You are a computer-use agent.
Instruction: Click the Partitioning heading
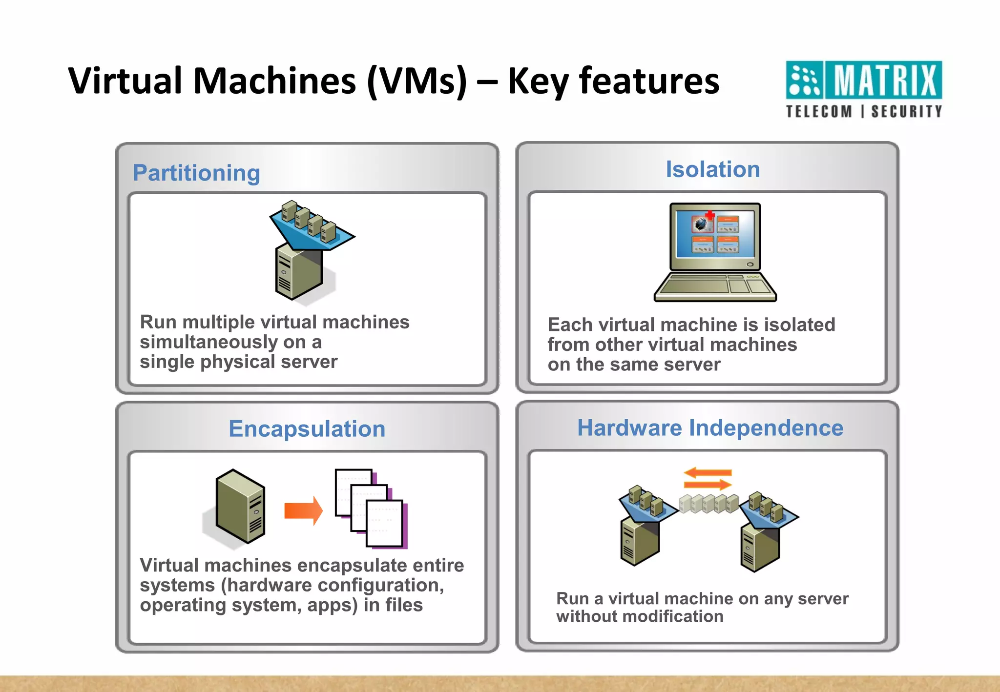[x=196, y=173]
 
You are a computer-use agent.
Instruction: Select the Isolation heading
[x=712, y=169]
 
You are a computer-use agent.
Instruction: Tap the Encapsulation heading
[x=307, y=429]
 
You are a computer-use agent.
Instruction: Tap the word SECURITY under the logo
[x=906, y=112]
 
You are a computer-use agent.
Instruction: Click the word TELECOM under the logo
[x=819, y=112]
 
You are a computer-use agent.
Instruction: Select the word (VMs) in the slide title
[x=417, y=81]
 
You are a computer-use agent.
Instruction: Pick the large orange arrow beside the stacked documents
[x=303, y=510]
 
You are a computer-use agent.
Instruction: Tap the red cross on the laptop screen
[x=710, y=215]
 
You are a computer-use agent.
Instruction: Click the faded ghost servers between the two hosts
[x=708, y=503]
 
